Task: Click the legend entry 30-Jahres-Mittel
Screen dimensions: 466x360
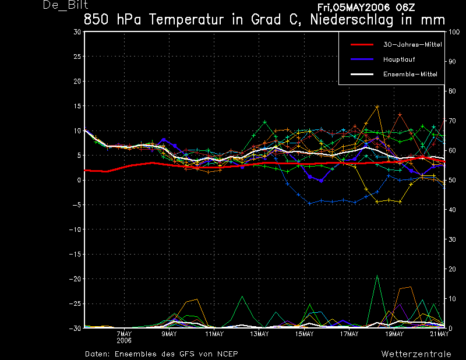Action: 412,45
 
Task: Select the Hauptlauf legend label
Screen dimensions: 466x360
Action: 399,59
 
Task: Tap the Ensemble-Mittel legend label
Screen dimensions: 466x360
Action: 410,74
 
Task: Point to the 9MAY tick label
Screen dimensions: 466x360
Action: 169,334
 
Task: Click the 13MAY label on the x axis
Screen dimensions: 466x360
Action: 259,334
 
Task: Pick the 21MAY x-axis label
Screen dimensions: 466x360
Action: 439,334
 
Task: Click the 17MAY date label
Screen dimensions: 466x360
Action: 349,334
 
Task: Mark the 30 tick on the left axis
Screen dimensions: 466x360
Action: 77,31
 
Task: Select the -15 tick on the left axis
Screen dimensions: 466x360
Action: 75,254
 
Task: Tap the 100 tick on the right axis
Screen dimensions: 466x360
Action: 454,32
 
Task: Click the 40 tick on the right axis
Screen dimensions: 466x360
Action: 452,210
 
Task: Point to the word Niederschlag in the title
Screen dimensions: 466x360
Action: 352,20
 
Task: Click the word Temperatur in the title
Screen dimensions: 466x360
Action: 186,20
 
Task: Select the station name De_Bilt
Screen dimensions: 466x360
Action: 66,5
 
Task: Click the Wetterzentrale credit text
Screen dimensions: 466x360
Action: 416,354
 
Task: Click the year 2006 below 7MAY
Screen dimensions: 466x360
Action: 124,341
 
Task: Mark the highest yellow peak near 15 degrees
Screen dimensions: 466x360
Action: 377,107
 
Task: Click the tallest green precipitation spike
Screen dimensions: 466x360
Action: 377,276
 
